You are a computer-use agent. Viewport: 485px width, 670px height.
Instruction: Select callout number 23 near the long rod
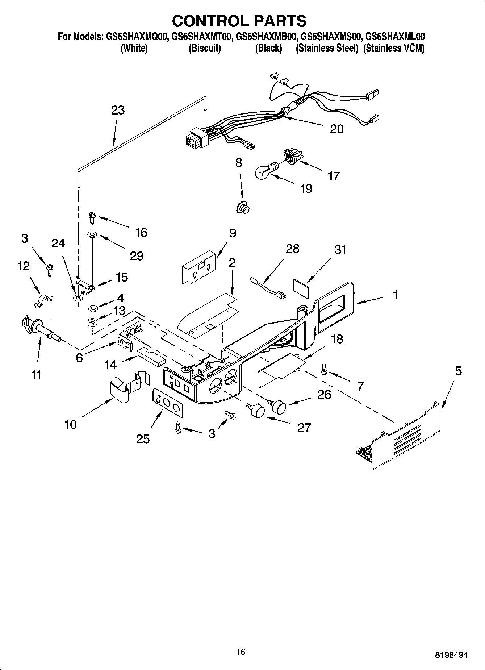(x=118, y=110)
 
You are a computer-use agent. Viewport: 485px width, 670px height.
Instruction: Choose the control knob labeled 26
(x=279, y=407)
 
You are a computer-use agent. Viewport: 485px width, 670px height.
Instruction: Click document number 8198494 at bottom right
(x=451, y=655)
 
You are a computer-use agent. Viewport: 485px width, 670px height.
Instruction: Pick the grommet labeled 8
(x=243, y=208)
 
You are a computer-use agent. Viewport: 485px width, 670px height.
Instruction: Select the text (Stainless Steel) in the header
(x=327, y=49)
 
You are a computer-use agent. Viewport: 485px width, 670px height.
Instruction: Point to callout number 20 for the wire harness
(x=336, y=129)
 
